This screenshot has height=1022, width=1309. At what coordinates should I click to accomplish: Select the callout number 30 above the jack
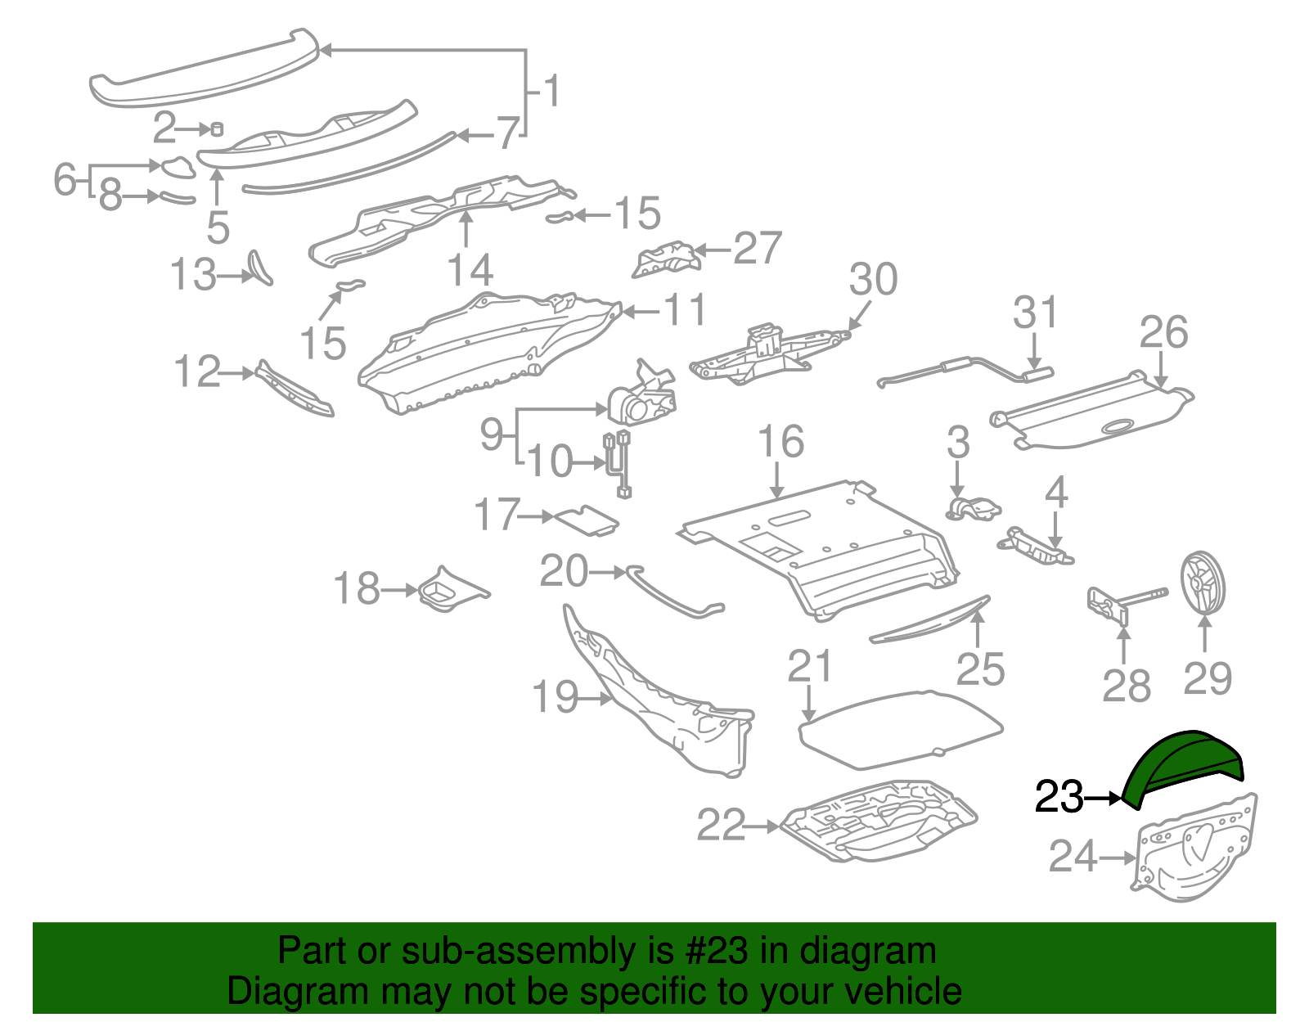tap(873, 280)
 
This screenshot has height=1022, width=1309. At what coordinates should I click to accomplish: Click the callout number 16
tap(780, 443)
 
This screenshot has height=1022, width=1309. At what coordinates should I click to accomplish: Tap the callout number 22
tap(721, 826)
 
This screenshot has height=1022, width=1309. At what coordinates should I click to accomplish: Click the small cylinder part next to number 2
tap(217, 128)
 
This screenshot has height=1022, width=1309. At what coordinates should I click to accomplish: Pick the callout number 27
tap(758, 249)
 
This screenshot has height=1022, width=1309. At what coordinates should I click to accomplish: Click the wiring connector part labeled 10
tap(619, 464)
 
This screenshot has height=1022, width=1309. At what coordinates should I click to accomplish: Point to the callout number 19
tap(555, 698)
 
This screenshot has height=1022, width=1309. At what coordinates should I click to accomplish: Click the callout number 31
tap(1035, 313)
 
